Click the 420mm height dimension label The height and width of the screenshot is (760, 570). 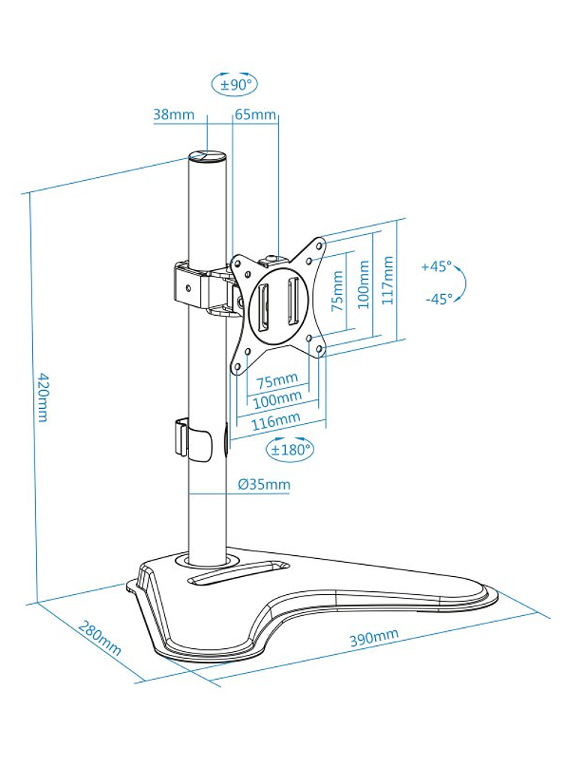(43, 397)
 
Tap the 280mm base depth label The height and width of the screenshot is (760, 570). (100, 638)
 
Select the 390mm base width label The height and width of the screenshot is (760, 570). (374, 637)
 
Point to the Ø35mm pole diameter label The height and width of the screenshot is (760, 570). (264, 484)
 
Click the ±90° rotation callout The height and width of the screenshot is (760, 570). (235, 84)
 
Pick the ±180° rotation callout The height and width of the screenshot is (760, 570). (289, 449)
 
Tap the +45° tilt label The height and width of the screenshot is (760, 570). (436, 266)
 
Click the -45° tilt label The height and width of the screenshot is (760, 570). (439, 299)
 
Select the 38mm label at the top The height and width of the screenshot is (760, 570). (173, 115)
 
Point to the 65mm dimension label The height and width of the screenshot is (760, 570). (256, 115)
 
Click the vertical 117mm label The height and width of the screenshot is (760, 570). (388, 281)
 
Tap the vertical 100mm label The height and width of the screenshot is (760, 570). (364, 284)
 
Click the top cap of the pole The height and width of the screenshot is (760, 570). (208, 157)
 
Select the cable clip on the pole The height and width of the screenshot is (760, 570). (193, 439)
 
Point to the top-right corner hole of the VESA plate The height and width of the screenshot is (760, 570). (319, 245)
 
